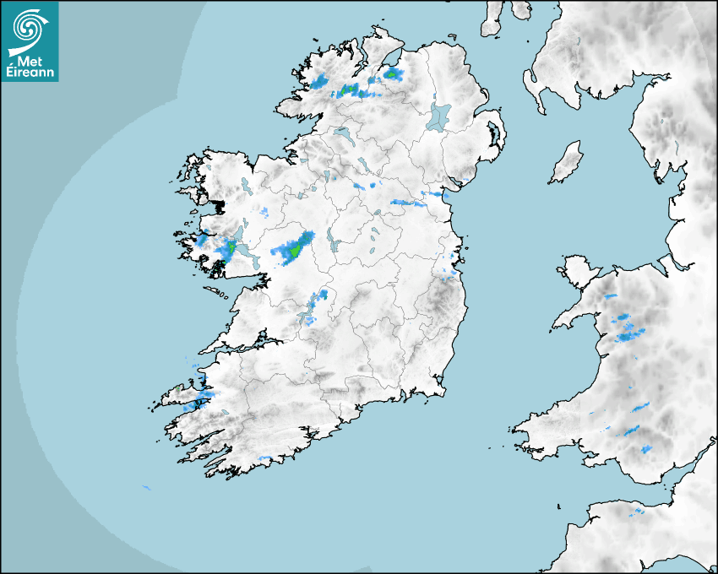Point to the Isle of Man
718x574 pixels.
tap(566, 163)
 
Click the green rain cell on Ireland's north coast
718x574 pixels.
tap(391, 74)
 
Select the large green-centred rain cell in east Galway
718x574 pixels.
tap(292, 250)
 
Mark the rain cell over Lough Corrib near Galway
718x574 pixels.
tap(229, 248)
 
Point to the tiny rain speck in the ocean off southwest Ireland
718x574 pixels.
tap(146, 487)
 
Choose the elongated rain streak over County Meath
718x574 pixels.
tap(411, 203)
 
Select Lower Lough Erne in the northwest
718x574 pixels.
tap(343, 134)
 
